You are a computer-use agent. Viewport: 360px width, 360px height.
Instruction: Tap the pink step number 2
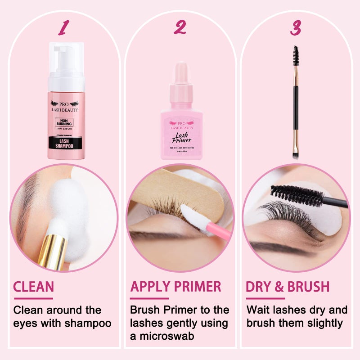point(180,27)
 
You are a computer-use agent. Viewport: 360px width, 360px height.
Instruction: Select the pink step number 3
point(296,27)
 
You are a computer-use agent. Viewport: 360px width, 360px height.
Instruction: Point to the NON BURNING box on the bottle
point(64,121)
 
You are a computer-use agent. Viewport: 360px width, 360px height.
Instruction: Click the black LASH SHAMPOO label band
point(64,143)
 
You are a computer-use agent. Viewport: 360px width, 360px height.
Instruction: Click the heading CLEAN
point(34,287)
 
